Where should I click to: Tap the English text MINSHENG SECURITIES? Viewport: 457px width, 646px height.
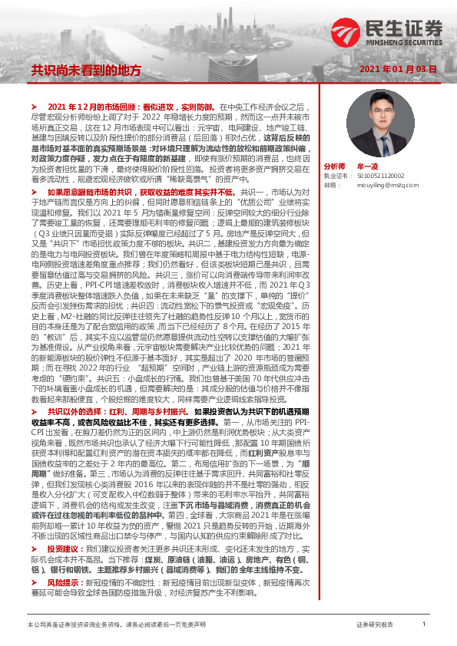[403, 43]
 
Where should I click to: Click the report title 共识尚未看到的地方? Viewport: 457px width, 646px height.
[86, 70]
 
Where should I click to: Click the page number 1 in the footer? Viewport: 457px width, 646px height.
[424, 625]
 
